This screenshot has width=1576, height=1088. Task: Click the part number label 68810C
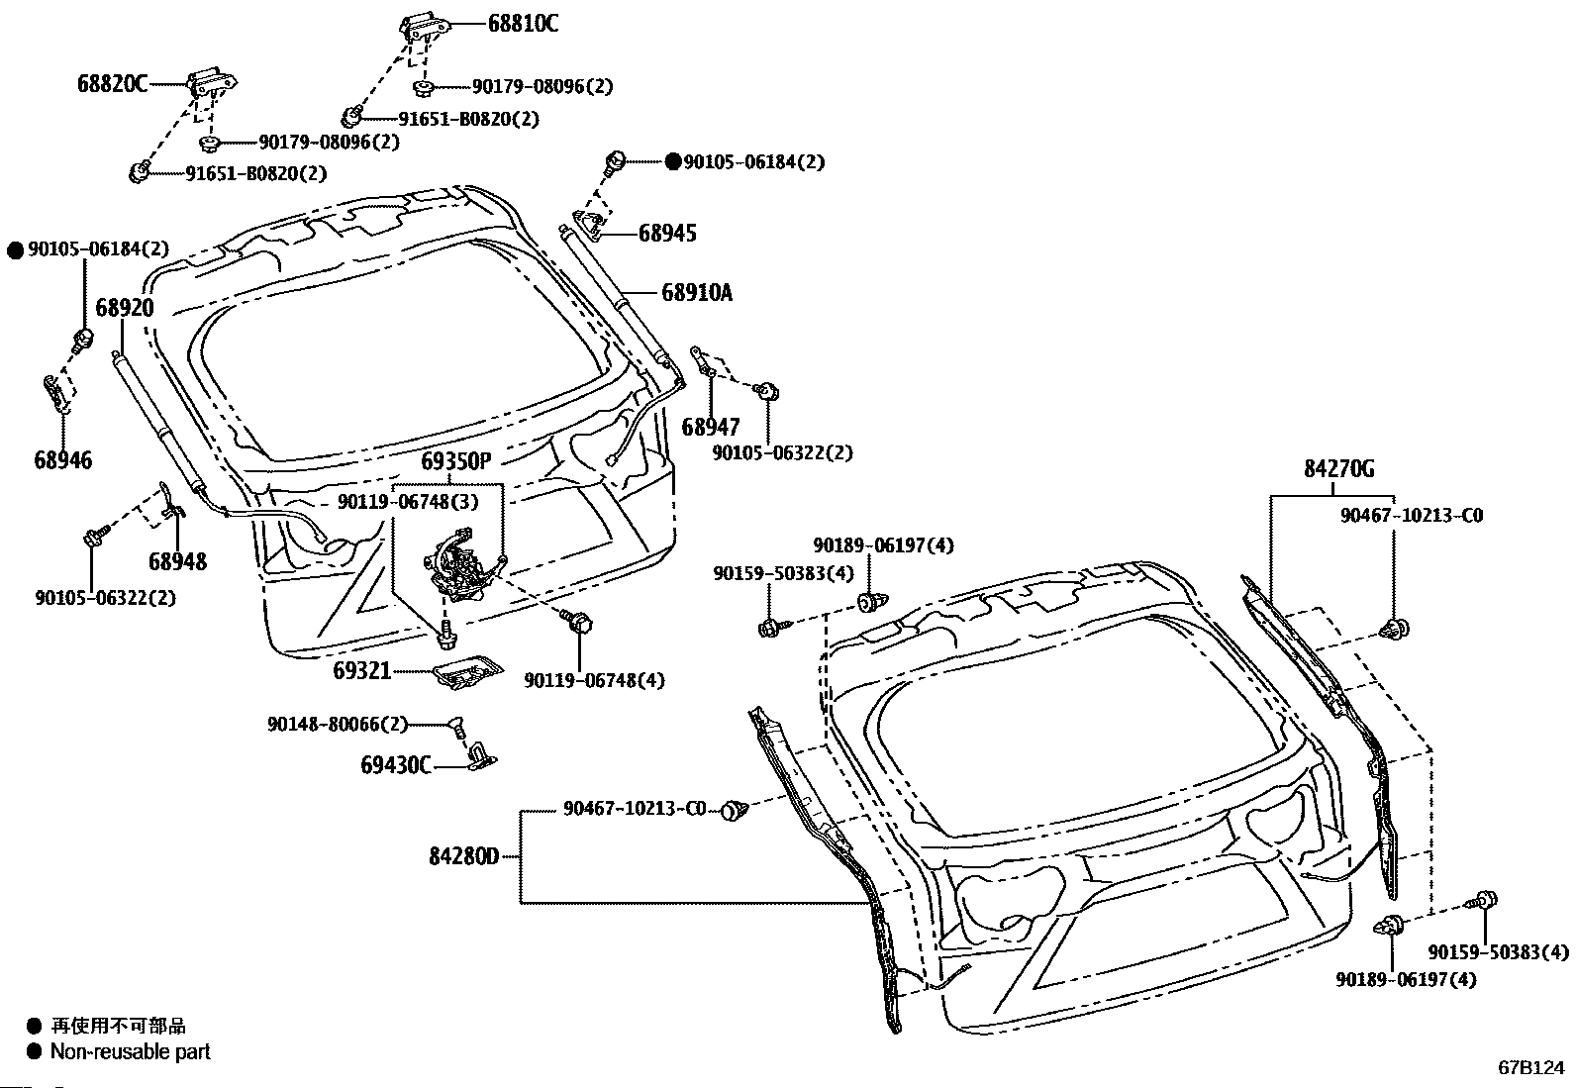click(x=522, y=23)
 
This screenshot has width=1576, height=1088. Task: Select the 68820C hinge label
click(x=112, y=84)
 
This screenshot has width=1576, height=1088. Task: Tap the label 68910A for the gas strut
click(x=697, y=292)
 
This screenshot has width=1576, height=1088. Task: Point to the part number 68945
click(x=667, y=234)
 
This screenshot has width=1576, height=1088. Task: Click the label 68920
click(x=125, y=308)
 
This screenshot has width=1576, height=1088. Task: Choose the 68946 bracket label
click(x=62, y=460)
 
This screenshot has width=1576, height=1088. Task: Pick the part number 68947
click(x=711, y=428)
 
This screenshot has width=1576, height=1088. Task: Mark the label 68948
click(x=178, y=562)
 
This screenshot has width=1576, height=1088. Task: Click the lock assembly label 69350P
click(x=455, y=461)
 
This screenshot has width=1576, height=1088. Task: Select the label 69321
click(x=362, y=671)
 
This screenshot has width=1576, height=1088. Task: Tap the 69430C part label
click(x=396, y=765)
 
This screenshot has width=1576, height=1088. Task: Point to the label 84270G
click(x=1338, y=469)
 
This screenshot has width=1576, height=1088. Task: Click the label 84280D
click(x=463, y=855)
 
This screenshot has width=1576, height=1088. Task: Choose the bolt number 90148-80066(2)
click(x=337, y=725)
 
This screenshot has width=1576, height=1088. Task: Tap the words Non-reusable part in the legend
click(x=131, y=1051)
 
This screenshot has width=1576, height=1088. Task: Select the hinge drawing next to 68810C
click(x=421, y=28)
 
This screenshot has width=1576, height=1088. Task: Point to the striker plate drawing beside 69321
click(x=466, y=673)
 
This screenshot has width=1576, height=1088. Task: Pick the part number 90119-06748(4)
click(x=594, y=680)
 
